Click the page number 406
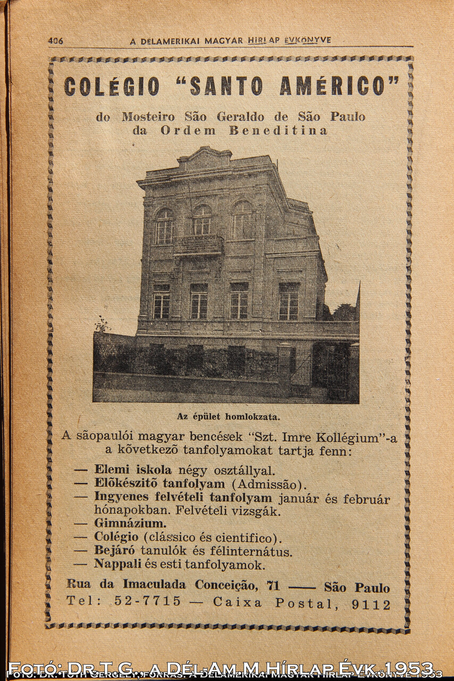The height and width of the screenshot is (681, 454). [x=55, y=40]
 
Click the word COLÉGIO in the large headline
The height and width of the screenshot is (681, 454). [x=112, y=86]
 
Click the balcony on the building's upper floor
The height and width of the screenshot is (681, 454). [x=199, y=245]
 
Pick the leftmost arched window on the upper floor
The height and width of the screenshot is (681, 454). [x=163, y=227]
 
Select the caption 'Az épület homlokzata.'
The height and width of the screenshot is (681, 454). [x=228, y=417]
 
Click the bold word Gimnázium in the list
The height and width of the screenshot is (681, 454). [x=130, y=524]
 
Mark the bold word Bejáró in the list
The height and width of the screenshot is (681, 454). [x=114, y=551]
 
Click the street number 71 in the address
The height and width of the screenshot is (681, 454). [x=273, y=585]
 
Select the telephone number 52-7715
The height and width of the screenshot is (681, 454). [x=147, y=602]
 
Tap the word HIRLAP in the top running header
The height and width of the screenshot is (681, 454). [x=263, y=40]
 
